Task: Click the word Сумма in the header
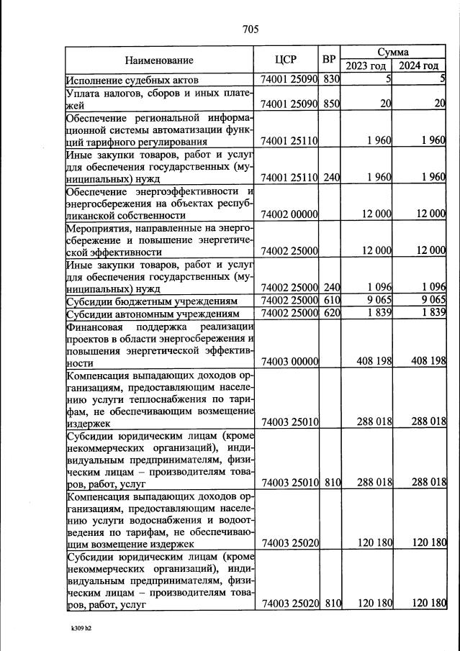point(393,53)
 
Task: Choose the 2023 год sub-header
point(366,66)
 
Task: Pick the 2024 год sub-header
point(419,66)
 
